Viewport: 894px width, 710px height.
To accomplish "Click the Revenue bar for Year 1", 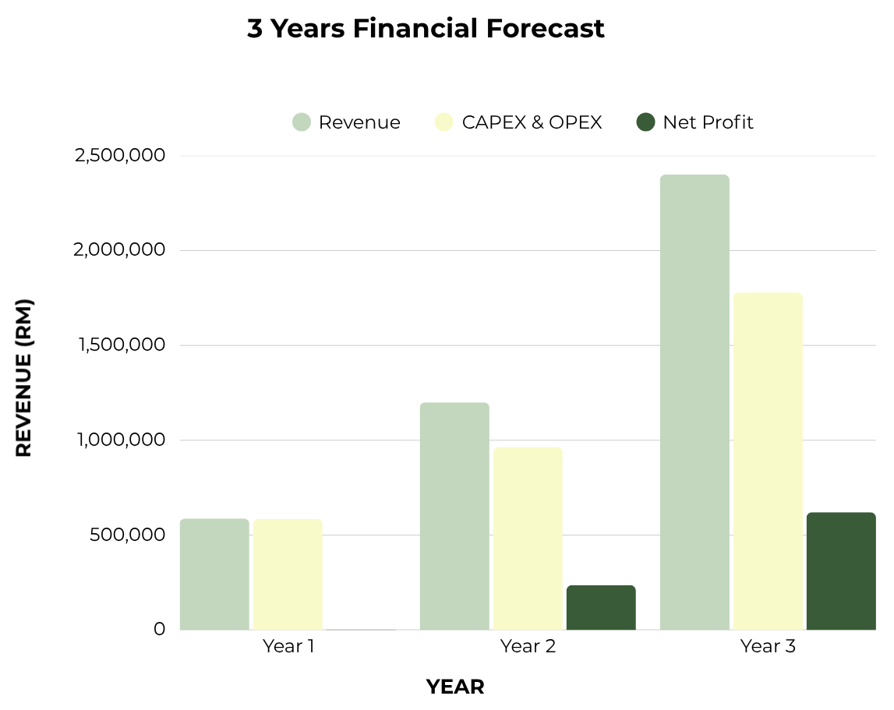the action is coord(214,574).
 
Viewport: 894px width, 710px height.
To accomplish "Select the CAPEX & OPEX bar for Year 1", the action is coord(288,574).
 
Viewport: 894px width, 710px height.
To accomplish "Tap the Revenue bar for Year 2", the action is coord(454,516).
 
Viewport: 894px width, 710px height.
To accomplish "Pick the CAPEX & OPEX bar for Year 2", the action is coord(528,539).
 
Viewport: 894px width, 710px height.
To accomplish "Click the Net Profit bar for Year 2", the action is coord(601,607).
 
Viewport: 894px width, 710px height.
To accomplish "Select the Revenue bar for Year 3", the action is coord(694,402).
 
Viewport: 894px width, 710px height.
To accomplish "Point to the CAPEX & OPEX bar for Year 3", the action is coord(768,461).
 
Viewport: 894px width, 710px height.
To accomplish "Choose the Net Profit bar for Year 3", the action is coord(841,570).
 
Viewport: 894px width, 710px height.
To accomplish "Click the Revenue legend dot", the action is coord(302,122).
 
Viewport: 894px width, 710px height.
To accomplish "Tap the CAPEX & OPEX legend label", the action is coord(532,122).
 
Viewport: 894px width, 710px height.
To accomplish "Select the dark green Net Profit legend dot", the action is coord(645,122).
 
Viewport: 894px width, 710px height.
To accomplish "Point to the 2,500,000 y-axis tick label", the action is coord(120,155).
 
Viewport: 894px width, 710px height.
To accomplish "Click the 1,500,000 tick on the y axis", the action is coord(122,344).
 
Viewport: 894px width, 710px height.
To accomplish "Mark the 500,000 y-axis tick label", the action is coord(127,535).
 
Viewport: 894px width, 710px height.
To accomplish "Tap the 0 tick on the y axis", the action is coord(159,629).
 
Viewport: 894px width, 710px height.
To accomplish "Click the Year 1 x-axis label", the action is coord(288,646).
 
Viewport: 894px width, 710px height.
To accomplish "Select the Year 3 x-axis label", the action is coord(768,646).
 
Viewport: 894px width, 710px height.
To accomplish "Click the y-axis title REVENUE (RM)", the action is coord(24,377).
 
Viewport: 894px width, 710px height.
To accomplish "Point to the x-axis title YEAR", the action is coord(455,687).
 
